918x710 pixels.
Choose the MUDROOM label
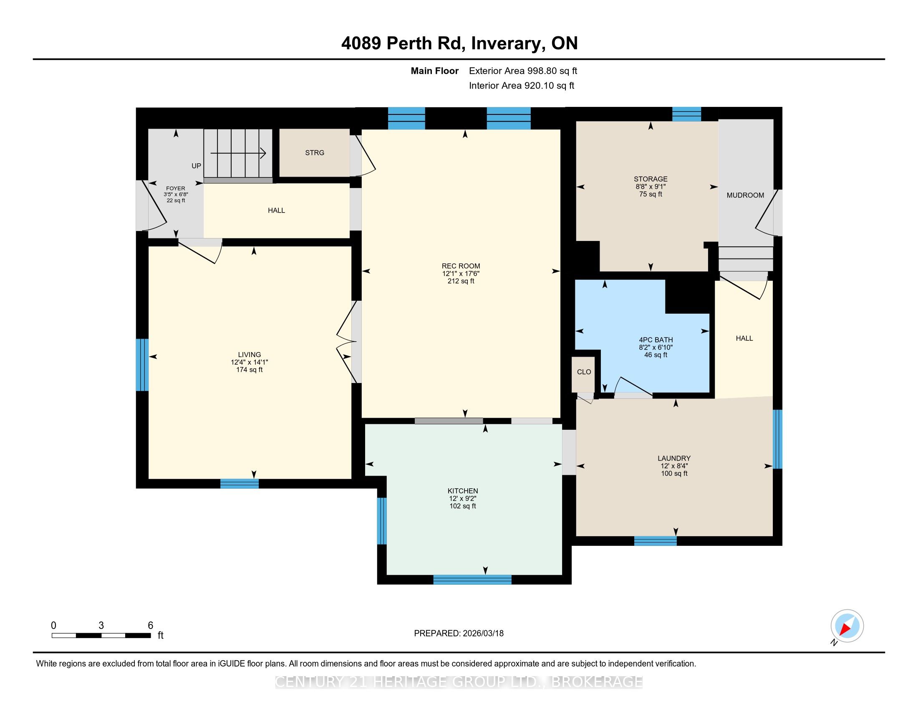(745, 195)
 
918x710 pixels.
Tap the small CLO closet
(584, 374)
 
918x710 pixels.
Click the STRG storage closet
(314, 153)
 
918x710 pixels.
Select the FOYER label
(176, 188)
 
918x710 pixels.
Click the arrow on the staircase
(238, 154)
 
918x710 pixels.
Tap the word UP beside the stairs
(196, 166)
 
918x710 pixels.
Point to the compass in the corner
(847, 626)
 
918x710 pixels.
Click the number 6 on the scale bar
(151, 625)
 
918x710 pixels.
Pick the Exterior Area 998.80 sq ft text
(523, 71)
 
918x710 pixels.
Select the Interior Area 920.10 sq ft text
(522, 86)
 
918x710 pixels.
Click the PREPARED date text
(459, 634)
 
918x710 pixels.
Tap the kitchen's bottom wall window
(472, 580)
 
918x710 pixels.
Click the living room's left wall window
(142, 365)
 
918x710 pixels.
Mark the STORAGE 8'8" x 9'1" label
(651, 186)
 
